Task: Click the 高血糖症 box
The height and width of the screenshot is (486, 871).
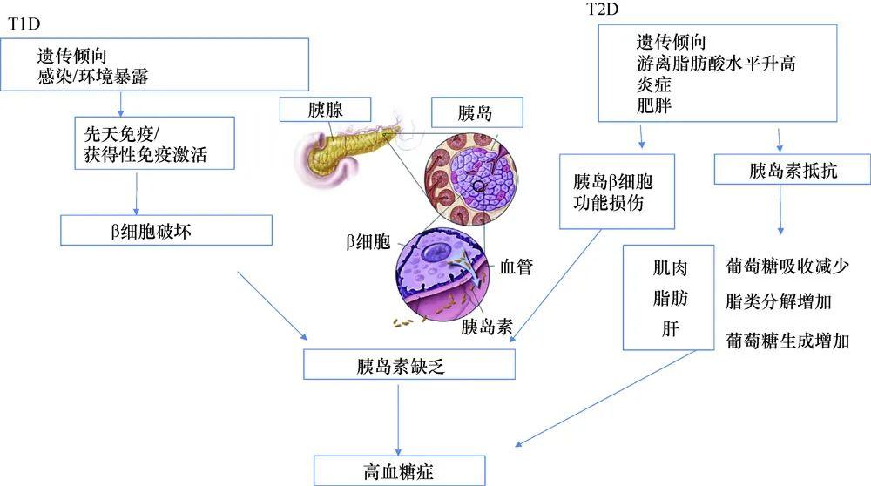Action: point(399,470)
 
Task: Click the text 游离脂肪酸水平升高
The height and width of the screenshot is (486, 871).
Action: point(716,64)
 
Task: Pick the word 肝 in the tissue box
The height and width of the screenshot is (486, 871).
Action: point(670,329)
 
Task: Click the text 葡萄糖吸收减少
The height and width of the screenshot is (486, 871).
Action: point(787,266)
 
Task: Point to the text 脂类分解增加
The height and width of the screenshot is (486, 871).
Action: point(778,301)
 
